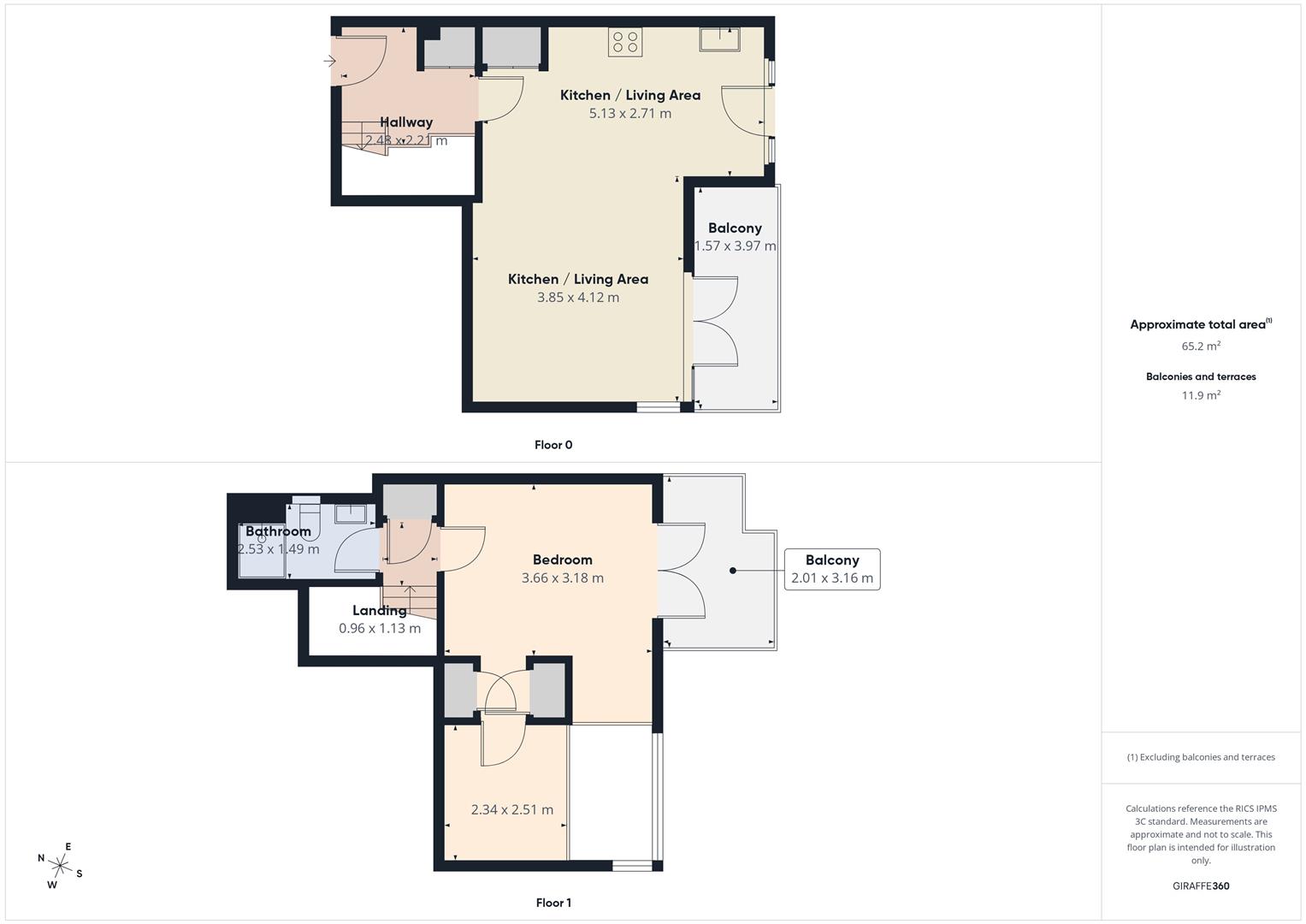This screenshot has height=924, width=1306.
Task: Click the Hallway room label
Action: coord(406,122)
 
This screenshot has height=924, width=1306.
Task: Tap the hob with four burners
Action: coord(625,43)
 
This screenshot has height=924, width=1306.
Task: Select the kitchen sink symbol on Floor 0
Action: coord(718,38)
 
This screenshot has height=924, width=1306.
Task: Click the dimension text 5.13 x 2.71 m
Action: coord(630,114)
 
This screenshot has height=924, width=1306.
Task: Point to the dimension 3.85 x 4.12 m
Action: coord(578,298)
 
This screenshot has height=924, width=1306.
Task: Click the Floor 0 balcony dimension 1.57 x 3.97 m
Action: coord(736,246)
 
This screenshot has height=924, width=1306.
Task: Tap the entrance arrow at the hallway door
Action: coord(330,61)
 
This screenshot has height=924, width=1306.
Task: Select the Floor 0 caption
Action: coord(553,445)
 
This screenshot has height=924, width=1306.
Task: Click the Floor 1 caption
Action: coord(553,903)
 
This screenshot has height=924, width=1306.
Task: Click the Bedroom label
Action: coord(563,560)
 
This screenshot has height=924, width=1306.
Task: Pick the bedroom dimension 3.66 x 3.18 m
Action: coord(563,578)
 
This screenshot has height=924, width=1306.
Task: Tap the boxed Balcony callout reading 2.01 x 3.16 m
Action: coord(832,569)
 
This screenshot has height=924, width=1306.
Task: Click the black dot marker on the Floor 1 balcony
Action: coord(733,570)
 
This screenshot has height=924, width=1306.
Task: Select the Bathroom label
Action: coord(278,531)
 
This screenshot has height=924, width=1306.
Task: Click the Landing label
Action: coord(380,610)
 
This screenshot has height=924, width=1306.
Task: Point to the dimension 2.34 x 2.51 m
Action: coord(512,810)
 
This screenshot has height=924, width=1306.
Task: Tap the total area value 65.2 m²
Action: coord(1201,346)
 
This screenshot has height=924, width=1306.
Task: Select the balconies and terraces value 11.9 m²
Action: coord(1201,395)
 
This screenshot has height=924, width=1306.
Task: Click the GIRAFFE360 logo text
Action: coord(1201,886)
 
